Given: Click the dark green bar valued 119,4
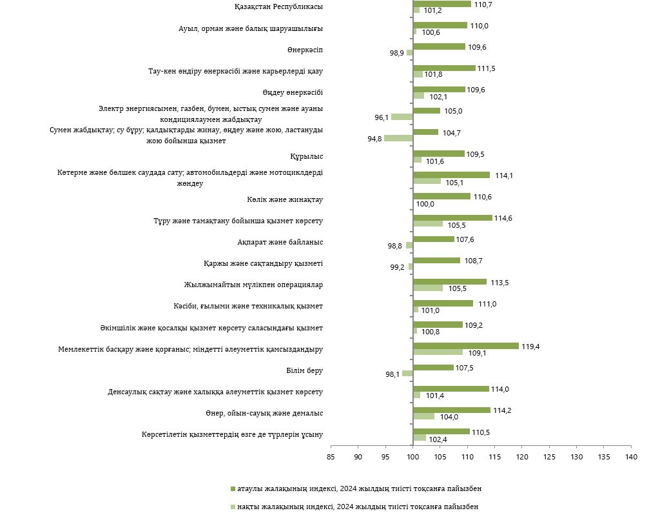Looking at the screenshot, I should click(x=465, y=346).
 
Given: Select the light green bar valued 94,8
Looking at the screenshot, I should click(x=398, y=138).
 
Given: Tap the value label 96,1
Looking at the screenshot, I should click(x=382, y=117).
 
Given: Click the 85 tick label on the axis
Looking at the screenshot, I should click(x=331, y=457).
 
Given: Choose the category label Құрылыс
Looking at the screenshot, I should click(x=307, y=156).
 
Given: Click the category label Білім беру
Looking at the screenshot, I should click(x=304, y=370).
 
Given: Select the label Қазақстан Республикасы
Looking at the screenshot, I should click(x=278, y=6).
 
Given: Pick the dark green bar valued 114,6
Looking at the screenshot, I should click(x=452, y=217).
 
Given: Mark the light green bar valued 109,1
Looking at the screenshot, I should click(x=438, y=352).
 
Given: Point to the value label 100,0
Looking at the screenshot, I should click(x=425, y=204).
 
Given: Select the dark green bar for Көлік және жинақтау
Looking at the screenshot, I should click(x=441, y=196).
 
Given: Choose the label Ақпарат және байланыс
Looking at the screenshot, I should click(x=280, y=242).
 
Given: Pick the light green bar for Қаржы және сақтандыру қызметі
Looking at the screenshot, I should click(x=411, y=267).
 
